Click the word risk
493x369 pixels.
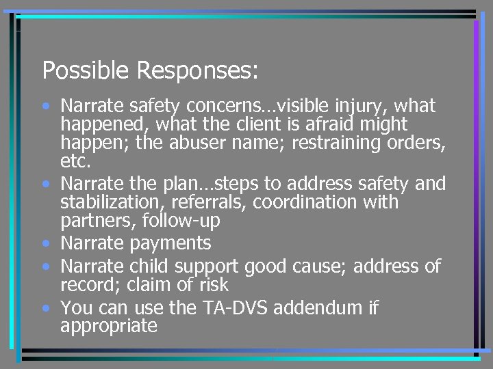click(x=212, y=284)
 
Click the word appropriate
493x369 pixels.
click(x=108, y=327)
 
